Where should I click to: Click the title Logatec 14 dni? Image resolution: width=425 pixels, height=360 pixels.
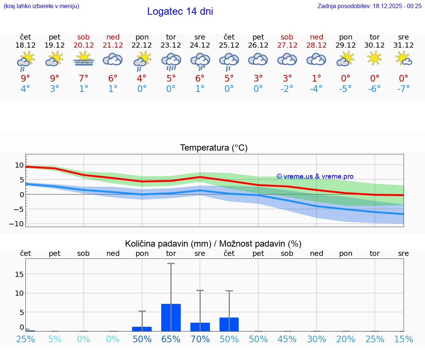pos(180,11)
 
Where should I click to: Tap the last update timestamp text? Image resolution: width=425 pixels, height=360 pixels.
pos(369,6)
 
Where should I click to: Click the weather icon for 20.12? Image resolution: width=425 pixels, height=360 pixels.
pos(84,59)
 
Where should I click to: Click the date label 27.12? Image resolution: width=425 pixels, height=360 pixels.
pos(287,45)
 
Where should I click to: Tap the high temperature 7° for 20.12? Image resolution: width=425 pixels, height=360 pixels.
pos(84,78)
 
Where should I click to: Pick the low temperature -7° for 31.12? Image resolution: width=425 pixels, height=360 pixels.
pos(404,89)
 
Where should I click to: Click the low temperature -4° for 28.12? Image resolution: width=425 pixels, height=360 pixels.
pos(316,89)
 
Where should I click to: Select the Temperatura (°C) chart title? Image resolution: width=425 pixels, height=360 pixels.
pos(214,148)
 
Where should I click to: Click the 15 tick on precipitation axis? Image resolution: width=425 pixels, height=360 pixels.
pos(19,274)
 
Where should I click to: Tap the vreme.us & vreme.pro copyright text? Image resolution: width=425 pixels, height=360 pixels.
pos(315,176)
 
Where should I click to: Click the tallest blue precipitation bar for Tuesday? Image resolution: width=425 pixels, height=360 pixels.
pos(171,318)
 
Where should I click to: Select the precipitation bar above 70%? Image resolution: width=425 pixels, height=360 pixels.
pos(200,327)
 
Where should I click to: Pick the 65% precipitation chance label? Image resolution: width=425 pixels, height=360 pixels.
pos(171,339)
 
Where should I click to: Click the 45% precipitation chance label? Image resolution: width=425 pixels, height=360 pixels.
pos(287,339)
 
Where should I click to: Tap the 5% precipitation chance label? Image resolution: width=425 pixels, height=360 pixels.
pos(55,339)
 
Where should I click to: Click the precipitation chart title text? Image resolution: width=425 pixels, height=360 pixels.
pos(213,244)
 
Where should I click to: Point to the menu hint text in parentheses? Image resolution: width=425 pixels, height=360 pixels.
pos(41,6)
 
